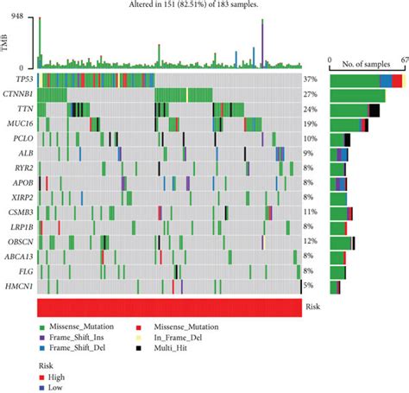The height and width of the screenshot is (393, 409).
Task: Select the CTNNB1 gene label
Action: pyautogui.click(x=21, y=94)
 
